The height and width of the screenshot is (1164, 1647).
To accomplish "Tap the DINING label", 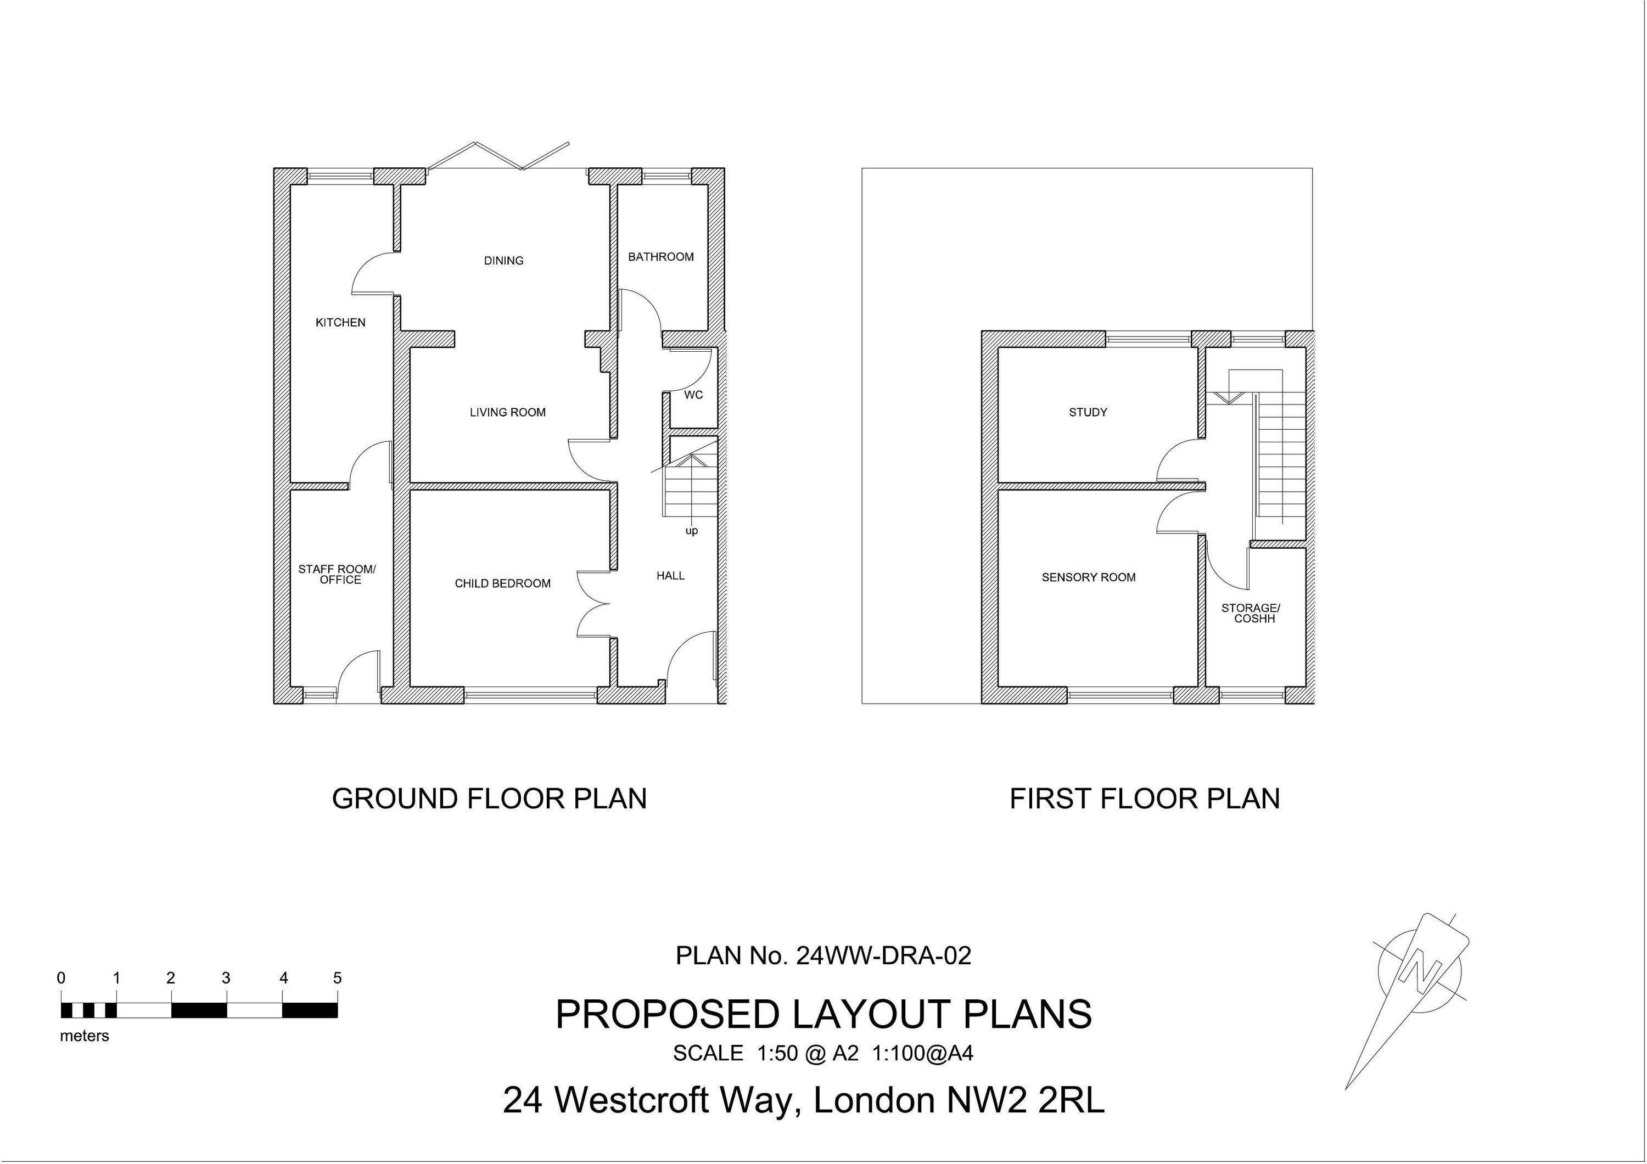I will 503,260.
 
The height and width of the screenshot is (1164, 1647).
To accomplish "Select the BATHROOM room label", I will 660,257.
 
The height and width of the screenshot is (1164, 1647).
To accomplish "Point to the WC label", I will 693,395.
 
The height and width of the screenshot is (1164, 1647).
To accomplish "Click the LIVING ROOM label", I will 507,412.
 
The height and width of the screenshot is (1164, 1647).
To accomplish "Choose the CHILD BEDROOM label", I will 502,584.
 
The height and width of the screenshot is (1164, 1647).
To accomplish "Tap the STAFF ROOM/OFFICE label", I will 337,575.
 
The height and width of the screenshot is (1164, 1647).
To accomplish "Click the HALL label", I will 670,576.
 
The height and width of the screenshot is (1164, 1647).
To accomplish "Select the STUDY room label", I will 1088,412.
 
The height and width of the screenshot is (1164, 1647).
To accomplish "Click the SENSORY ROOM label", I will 1088,577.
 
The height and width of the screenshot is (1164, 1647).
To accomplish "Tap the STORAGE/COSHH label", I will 1254,613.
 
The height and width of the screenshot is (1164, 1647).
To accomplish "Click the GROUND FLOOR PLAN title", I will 489,799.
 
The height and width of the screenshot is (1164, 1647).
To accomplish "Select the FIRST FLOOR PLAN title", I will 1144,799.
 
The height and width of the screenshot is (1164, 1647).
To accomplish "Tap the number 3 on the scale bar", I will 226,979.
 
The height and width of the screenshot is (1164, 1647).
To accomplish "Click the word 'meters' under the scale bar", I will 85,1036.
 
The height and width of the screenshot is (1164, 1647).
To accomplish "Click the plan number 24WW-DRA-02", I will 883,955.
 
